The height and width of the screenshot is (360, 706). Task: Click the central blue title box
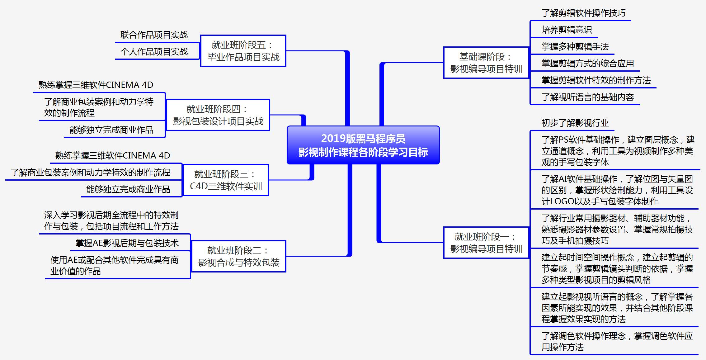tap(363, 145)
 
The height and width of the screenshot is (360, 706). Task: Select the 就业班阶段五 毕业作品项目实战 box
tap(243, 51)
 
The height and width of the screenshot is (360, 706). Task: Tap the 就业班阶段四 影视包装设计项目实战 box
tap(218, 115)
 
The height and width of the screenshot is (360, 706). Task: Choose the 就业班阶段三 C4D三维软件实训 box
tap(226, 180)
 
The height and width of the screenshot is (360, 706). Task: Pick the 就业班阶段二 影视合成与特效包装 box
tap(238, 256)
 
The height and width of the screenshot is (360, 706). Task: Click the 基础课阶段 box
tap(486, 63)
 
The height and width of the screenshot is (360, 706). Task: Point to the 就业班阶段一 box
tap(486, 243)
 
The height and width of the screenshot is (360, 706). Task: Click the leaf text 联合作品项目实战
tap(154, 35)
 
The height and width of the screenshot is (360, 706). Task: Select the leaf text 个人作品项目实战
tap(154, 52)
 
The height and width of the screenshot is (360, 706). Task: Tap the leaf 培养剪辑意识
tap(567, 30)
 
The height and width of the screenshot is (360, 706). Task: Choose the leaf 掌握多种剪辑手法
tap(575, 47)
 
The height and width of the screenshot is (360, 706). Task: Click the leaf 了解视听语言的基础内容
tap(587, 97)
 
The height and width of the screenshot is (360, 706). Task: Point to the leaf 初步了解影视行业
tap(575, 123)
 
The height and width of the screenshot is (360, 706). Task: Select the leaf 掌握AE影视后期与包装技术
tap(127, 243)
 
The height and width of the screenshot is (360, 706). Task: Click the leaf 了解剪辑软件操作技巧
tap(583, 13)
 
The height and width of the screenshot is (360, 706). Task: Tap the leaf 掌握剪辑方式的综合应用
tap(587, 64)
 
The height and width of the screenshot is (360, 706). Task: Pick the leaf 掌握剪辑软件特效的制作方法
tap(596, 80)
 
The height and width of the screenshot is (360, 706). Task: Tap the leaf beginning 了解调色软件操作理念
tap(617, 341)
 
